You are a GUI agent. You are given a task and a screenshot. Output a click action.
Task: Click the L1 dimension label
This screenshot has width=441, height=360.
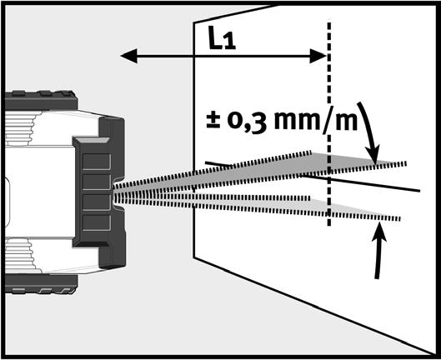222,37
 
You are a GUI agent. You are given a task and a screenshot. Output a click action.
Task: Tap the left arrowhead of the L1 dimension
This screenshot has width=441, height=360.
129,56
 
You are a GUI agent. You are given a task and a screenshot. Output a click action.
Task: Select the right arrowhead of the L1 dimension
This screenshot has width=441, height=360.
318,56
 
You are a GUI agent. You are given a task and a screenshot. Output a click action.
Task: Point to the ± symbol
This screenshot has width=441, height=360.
213,121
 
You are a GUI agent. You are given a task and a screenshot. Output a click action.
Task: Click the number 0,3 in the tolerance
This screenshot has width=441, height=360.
248,122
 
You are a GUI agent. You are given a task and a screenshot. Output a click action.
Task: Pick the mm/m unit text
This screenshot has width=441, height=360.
316,119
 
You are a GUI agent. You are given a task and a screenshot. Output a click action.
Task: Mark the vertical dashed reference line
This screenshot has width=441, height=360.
329,123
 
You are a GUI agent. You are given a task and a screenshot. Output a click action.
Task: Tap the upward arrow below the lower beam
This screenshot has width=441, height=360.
378,250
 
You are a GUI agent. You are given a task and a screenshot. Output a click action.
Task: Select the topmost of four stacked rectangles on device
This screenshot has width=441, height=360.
97,162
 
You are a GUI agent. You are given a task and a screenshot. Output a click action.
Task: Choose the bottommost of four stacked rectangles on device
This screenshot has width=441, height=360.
97,222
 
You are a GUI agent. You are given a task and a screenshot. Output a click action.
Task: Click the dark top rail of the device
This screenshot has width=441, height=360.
41,101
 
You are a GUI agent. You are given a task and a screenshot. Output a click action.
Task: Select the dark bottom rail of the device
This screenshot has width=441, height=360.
41,284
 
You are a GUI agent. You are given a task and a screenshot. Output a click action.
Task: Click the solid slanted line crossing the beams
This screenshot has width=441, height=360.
313,177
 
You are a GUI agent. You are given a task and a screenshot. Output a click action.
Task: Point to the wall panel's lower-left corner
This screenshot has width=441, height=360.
193,257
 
